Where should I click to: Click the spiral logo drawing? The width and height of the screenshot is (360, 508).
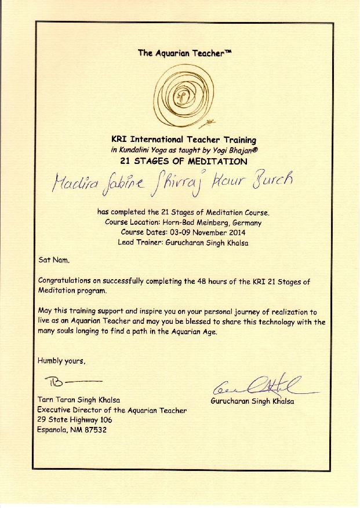tap(180, 96)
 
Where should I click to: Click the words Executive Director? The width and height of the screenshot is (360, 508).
tap(67, 410)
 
